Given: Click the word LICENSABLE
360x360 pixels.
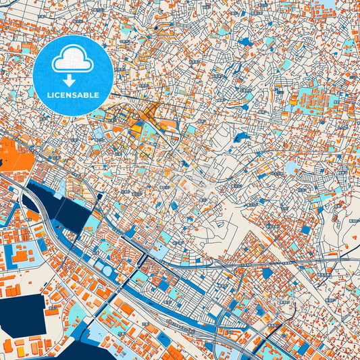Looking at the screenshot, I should (72, 95).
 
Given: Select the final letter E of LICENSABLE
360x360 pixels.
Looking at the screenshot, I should (98, 95).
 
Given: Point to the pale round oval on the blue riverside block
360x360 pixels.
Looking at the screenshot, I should (107, 271).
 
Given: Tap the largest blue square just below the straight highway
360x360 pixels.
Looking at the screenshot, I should (266, 273).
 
